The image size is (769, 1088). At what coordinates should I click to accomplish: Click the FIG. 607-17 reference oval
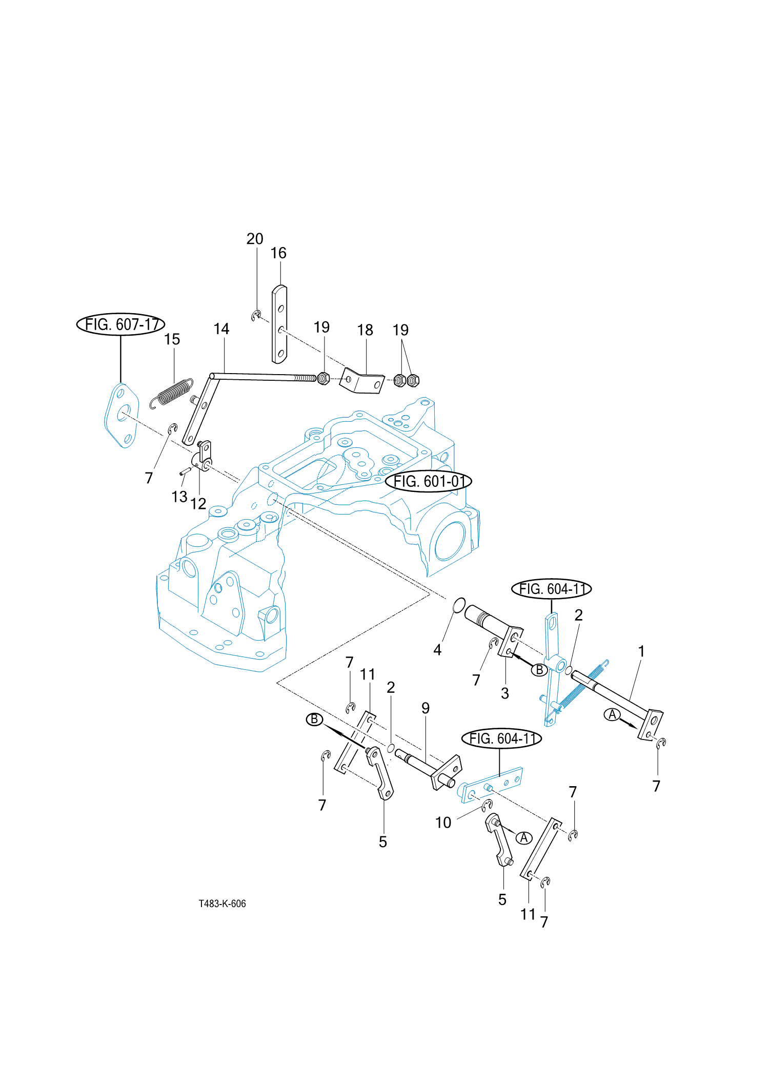tap(120, 324)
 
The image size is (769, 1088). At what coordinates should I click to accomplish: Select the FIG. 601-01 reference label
tap(428, 481)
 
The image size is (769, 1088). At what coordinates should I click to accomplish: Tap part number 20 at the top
tap(255, 239)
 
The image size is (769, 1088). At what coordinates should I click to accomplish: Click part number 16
tap(278, 253)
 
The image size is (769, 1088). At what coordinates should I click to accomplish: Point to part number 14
tap(221, 329)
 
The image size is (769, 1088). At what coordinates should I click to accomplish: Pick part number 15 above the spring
tap(172, 339)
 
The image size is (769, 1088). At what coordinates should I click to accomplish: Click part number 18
tap(365, 330)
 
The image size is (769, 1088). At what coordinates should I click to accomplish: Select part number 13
tap(179, 497)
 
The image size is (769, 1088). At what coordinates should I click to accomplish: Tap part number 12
tap(198, 504)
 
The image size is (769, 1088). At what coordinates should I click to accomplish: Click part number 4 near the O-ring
tap(437, 650)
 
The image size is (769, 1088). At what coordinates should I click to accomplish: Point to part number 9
tap(426, 708)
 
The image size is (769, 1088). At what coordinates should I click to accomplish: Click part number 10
tap(443, 823)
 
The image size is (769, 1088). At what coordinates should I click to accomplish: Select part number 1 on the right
tap(641, 651)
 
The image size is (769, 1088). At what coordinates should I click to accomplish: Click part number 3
tap(505, 693)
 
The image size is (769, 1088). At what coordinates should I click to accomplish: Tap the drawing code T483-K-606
tap(222, 904)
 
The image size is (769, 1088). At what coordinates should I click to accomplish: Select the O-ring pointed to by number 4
tap(459, 605)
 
